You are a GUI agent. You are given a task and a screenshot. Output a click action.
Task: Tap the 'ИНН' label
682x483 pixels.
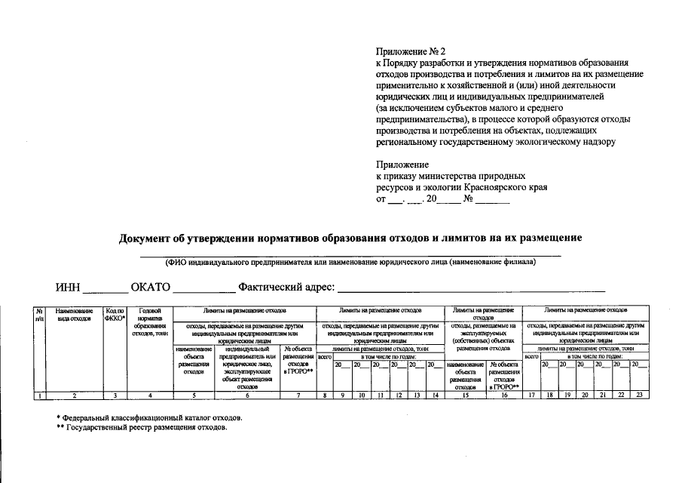tap(67, 288)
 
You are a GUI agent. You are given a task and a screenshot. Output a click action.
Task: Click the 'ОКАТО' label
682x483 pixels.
tap(151, 288)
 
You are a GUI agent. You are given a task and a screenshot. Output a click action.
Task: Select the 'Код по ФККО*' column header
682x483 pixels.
tap(115, 314)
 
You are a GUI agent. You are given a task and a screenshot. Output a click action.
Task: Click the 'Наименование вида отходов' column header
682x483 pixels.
tap(74, 314)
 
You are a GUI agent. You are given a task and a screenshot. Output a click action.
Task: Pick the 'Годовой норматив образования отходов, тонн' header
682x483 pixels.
tap(150, 321)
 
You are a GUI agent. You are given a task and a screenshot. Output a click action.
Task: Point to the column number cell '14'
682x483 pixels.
tap(433, 395)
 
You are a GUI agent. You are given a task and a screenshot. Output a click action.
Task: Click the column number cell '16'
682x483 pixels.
tap(504, 395)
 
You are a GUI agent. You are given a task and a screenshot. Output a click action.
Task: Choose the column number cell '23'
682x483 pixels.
tap(639, 395)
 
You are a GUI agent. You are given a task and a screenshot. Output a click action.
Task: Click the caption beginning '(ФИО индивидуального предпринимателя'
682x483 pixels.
tap(350, 262)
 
